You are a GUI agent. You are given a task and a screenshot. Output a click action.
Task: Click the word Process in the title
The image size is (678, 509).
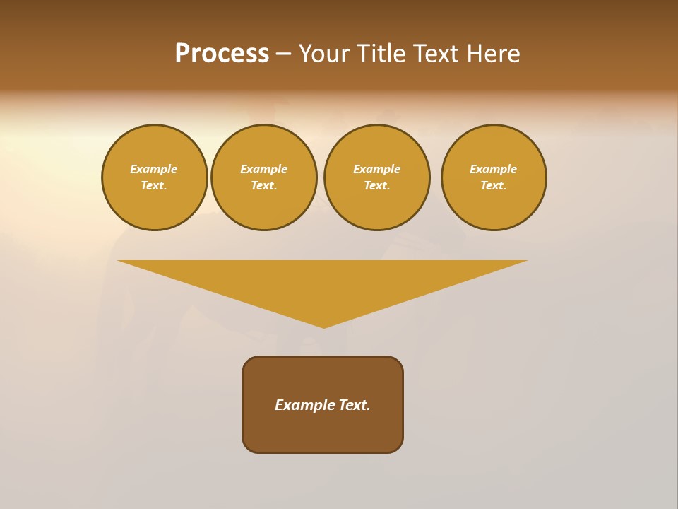pos(222,54)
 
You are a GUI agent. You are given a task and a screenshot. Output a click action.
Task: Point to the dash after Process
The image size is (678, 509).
pos(283,55)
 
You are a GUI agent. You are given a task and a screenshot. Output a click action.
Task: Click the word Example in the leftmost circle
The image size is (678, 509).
pos(154,169)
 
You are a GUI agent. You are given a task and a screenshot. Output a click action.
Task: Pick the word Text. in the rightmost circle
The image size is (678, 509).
pos(494,185)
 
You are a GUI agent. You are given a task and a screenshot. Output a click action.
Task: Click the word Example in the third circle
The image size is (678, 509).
pos(377,169)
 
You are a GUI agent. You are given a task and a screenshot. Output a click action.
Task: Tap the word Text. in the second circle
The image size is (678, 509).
pos(264,185)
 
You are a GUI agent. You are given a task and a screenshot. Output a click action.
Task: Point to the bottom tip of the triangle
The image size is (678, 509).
pos(323,327)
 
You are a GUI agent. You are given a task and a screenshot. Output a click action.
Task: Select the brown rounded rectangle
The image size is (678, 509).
pos(323,431)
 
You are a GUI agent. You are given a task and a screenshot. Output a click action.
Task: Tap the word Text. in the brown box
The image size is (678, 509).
pos(355,405)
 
